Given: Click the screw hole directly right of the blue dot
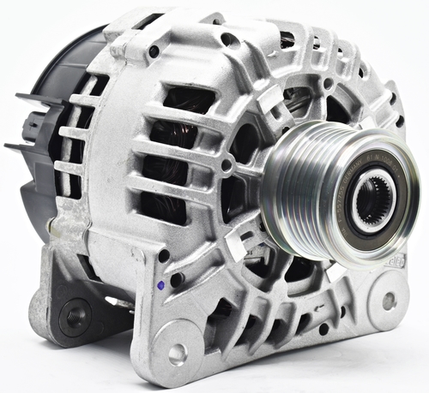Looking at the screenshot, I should (x=177, y=280).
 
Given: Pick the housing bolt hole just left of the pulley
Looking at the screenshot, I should (x=227, y=165).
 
